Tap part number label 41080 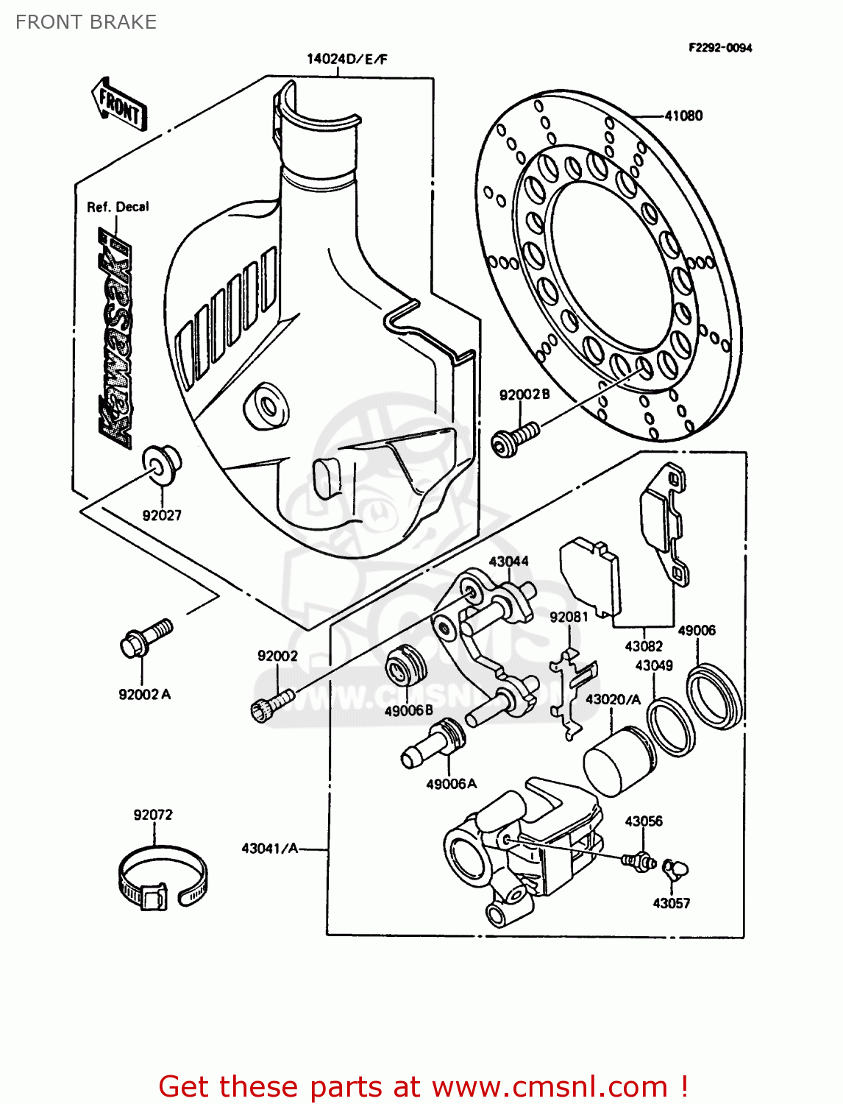click(683, 116)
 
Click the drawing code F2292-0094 click(719, 48)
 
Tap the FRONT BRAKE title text click(86, 22)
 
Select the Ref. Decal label click(118, 207)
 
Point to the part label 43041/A click(270, 849)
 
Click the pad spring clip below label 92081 click(572, 692)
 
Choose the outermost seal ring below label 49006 click(714, 696)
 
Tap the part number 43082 click(643, 646)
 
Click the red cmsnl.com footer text click(423, 1086)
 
